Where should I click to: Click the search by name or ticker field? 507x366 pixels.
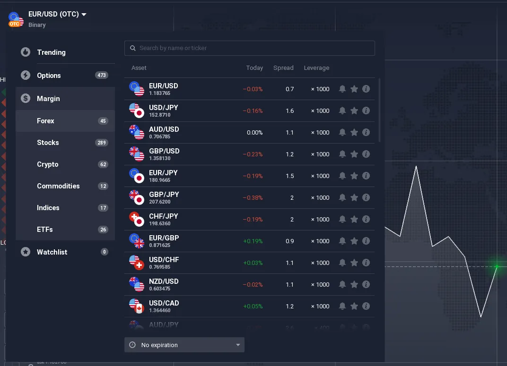[x=249, y=48]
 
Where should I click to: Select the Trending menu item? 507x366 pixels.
[x=51, y=52]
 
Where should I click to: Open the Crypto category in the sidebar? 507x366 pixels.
[x=48, y=164]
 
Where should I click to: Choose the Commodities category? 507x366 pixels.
[x=58, y=186]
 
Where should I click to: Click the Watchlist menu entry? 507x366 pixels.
[x=52, y=252]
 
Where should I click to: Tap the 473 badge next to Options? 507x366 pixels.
[x=101, y=76]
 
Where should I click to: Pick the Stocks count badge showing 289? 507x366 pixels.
[x=101, y=143]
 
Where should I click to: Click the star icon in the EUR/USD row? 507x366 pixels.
[x=354, y=89]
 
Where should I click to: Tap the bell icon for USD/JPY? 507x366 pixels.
[x=342, y=111]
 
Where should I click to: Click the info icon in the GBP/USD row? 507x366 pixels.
[x=366, y=154]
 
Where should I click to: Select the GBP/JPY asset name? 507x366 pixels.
[x=164, y=195]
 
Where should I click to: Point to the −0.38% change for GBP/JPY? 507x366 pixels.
[x=253, y=198]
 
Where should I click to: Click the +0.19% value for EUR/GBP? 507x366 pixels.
[x=253, y=241]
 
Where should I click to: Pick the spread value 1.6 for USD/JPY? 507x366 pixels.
[x=289, y=111]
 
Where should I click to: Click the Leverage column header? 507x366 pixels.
[x=316, y=68]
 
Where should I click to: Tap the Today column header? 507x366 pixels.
[x=254, y=68]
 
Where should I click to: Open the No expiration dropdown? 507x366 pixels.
[x=184, y=345]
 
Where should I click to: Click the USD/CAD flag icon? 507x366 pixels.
[x=137, y=306]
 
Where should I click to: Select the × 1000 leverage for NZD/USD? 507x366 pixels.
[x=320, y=285]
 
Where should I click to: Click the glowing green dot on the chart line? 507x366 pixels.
[x=497, y=267]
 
